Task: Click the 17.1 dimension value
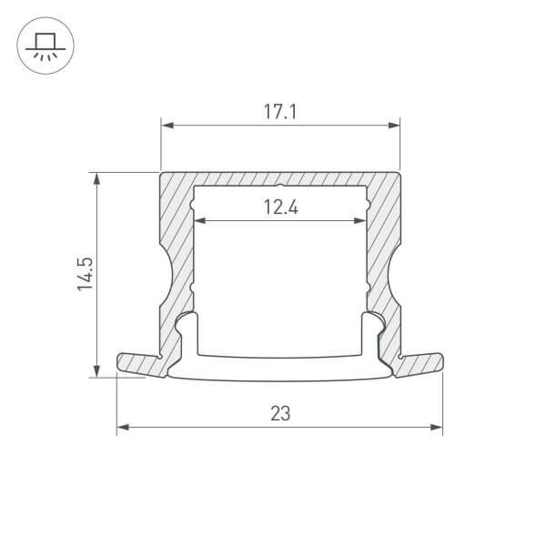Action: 280,114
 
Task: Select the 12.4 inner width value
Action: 281,207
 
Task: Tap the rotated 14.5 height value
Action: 85,274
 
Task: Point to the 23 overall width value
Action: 280,414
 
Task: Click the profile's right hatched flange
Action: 421,362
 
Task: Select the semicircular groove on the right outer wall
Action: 394,274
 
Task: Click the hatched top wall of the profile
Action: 280,178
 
